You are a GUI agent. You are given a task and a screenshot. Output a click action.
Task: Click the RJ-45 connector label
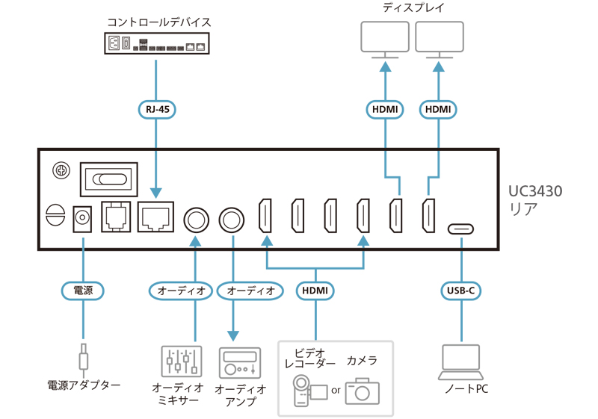tap(155, 109)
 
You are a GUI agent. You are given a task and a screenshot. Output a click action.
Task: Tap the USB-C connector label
tap(460, 290)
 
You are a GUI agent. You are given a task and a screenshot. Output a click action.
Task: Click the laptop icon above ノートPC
tap(460, 361)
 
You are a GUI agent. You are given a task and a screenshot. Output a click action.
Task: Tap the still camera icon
tap(363, 389)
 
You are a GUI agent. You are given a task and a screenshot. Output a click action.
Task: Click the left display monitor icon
tap(384, 40)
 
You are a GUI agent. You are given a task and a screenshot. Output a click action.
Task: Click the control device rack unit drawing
tap(156, 43)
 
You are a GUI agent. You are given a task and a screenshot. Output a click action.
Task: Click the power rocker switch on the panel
tap(108, 180)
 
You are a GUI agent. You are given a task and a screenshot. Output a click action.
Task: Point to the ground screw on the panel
tap(60, 172)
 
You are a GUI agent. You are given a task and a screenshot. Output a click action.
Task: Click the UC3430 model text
tap(535, 191)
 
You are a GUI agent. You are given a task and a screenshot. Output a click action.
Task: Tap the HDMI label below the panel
tap(315, 290)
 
